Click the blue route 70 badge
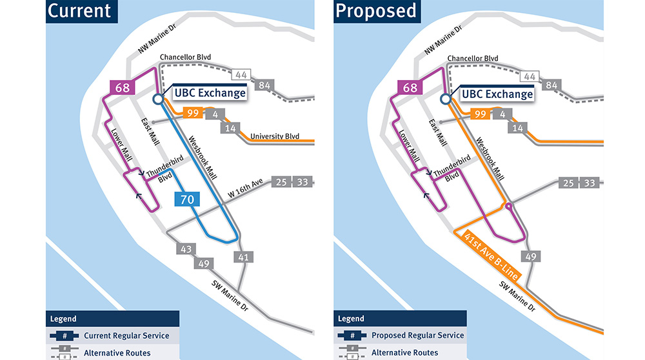point(187,199)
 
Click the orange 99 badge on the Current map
point(192,114)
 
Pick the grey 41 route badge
point(243,258)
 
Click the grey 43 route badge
point(186,248)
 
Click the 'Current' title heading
point(79,11)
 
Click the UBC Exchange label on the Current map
point(210,94)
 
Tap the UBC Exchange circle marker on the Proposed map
point(444,99)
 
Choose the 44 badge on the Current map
point(242,76)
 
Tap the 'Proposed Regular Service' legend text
point(417,335)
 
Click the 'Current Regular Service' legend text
point(126,335)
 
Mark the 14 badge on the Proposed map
point(517,127)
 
